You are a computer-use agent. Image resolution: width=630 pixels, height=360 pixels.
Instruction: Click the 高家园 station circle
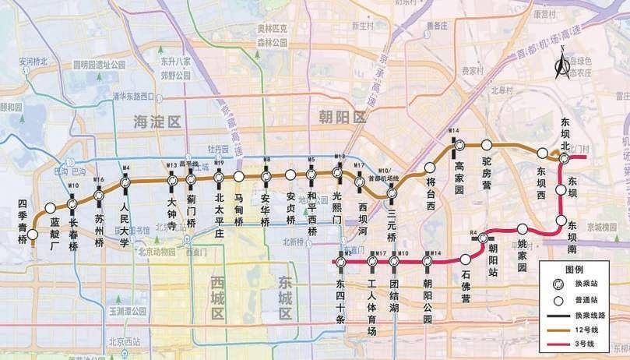point(459,144)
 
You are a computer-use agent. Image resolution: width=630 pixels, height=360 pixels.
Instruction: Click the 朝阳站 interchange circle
point(484,238)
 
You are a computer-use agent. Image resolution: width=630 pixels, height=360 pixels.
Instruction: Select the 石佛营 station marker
point(466,259)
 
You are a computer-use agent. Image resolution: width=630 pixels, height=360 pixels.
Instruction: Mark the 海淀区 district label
point(156,122)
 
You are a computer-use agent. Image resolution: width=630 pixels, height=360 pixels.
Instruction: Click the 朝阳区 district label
point(342,118)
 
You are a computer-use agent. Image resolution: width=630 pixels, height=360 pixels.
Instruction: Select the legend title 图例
point(584,267)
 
